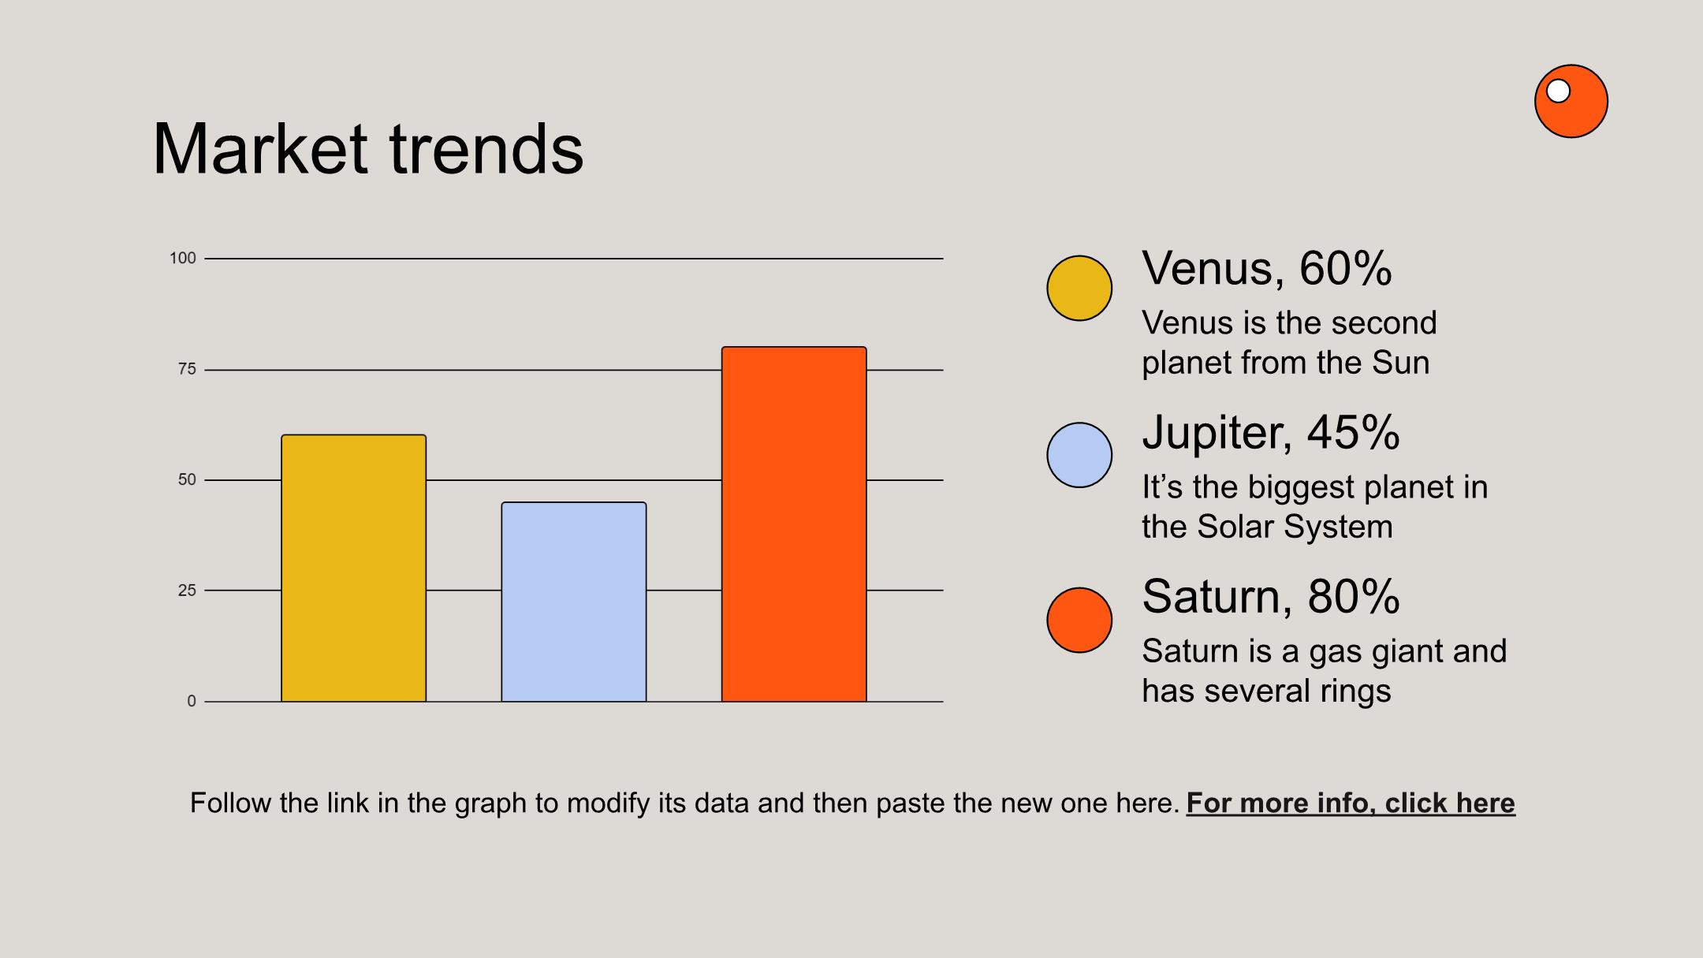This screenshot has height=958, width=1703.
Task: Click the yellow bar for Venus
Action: (354, 568)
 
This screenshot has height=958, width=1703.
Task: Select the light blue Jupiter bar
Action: (574, 602)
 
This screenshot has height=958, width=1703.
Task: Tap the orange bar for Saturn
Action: (794, 524)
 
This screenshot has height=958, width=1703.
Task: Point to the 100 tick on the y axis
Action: (183, 258)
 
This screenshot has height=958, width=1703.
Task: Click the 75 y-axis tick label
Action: (187, 369)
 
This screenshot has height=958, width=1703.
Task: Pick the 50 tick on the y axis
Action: (187, 479)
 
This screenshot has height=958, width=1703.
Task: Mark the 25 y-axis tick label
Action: (187, 590)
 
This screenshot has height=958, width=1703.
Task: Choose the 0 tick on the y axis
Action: (192, 701)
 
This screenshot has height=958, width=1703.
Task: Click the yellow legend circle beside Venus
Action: (1079, 288)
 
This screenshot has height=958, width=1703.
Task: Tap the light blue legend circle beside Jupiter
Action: (1079, 455)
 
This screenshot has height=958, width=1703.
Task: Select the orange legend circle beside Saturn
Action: (1079, 620)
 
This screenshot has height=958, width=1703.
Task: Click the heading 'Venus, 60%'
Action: (1267, 269)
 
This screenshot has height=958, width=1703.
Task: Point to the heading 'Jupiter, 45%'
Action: (1271, 433)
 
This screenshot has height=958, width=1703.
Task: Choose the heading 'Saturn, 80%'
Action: (1271, 597)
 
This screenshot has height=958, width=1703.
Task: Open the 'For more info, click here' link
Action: (1351, 803)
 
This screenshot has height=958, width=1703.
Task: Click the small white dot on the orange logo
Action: (1558, 91)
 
